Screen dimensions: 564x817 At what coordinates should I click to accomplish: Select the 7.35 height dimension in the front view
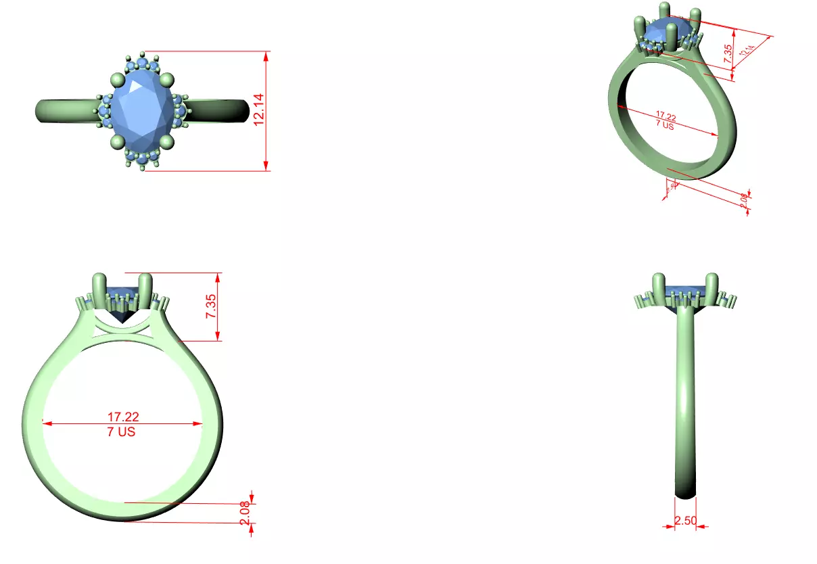point(210,307)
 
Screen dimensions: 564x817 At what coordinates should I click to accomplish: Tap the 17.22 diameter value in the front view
point(122,417)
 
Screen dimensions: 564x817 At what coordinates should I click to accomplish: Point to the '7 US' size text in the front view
point(121,431)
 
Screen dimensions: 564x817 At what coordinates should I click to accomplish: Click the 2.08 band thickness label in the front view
point(245,512)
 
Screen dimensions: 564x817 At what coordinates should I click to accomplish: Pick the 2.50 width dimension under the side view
point(685,521)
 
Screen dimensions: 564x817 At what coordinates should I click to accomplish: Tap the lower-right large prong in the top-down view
point(166,141)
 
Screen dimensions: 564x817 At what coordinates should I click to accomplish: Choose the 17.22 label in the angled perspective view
point(667,116)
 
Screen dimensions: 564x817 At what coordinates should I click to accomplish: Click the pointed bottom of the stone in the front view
point(122,321)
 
